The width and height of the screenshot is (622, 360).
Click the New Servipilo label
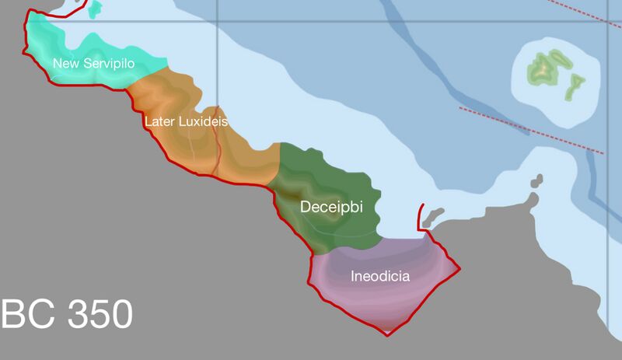click(x=99, y=63)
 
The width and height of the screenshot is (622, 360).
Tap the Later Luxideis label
click(x=186, y=122)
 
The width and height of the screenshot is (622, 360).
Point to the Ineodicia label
click(x=380, y=276)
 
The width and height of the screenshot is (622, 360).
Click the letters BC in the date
click(x=28, y=314)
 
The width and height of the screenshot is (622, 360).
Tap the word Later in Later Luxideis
click(x=159, y=122)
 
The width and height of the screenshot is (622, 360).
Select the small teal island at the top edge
click(x=96, y=9)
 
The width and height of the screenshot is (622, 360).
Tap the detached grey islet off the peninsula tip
click(x=535, y=183)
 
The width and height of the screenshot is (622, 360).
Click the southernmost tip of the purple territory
click(x=387, y=334)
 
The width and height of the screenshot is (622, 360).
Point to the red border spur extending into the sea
click(x=421, y=217)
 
